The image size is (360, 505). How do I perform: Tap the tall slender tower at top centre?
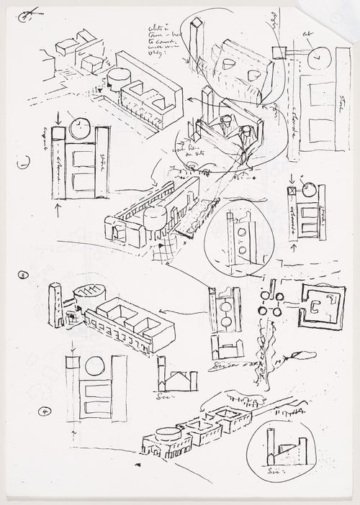(194, 43)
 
